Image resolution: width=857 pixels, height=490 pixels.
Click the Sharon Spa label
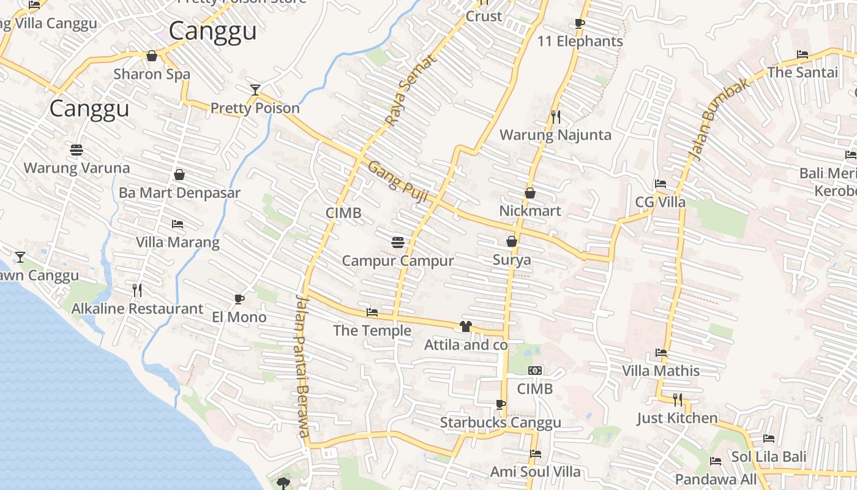click(x=152, y=74)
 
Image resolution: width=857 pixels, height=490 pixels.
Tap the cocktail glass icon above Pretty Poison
click(x=255, y=90)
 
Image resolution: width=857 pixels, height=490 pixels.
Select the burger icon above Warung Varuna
click(x=77, y=150)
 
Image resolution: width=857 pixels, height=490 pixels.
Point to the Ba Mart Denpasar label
click(x=179, y=193)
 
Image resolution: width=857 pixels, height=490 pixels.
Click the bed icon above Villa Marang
click(x=178, y=224)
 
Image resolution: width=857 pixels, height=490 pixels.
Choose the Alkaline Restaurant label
click(x=137, y=309)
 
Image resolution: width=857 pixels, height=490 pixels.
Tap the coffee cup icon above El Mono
click(x=239, y=299)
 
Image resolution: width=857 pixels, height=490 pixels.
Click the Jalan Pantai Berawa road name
click(x=303, y=366)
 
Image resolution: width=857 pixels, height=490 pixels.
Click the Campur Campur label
click(x=398, y=261)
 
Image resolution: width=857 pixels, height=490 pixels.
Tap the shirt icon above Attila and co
click(x=466, y=326)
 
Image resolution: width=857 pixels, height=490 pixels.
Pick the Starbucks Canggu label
click(x=500, y=423)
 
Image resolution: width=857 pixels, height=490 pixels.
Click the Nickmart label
click(x=530, y=211)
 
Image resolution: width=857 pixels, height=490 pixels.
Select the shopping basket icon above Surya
click(x=512, y=242)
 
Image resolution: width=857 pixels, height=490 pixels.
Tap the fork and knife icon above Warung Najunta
click(x=556, y=116)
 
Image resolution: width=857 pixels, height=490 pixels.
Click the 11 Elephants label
click(x=580, y=42)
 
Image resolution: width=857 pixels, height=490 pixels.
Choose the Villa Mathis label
click(x=661, y=371)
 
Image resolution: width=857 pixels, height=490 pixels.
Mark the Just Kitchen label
click(x=677, y=418)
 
